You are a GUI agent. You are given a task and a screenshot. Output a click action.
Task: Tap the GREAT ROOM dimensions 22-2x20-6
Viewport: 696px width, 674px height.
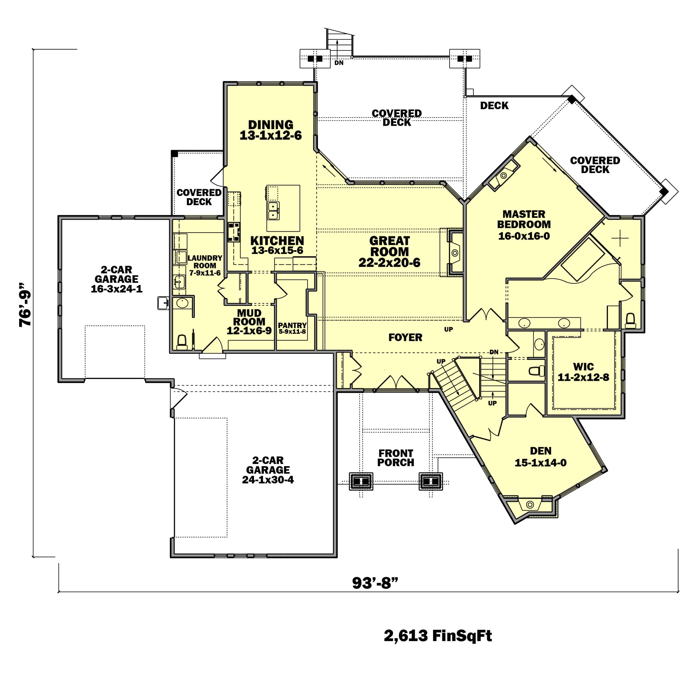pos(389,263)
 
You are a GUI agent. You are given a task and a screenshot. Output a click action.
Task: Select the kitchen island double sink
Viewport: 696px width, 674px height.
pos(273,211)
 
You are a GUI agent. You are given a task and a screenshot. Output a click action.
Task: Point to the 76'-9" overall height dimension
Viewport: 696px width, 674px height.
pos(26,304)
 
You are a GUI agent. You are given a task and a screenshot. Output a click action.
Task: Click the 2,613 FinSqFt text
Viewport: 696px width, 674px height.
pos(437,636)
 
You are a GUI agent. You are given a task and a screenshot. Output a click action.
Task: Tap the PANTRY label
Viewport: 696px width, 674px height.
pos(292,325)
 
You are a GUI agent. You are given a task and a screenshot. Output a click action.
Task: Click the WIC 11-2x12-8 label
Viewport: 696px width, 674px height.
pos(583,372)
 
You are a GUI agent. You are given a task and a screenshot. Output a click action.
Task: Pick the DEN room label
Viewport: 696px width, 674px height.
pos(540,451)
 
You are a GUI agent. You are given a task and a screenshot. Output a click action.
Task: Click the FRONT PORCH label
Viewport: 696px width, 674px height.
pos(396,458)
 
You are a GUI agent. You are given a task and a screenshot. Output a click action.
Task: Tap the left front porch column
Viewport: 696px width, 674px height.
pos(361,482)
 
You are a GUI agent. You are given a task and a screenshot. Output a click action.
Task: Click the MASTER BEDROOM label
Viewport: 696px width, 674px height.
pos(524,219)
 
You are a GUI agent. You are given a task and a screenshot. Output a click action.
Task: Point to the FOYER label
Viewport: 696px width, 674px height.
pos(405,337)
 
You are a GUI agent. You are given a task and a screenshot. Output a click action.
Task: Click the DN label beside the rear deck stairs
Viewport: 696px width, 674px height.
pos(339,63)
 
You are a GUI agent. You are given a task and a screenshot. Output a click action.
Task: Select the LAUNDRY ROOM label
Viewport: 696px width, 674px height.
pos(205,262)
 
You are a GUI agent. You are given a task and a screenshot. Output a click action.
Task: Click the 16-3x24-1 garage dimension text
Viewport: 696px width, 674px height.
pos(116,289)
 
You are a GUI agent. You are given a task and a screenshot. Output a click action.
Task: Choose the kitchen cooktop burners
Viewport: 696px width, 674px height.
pos(234,232)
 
